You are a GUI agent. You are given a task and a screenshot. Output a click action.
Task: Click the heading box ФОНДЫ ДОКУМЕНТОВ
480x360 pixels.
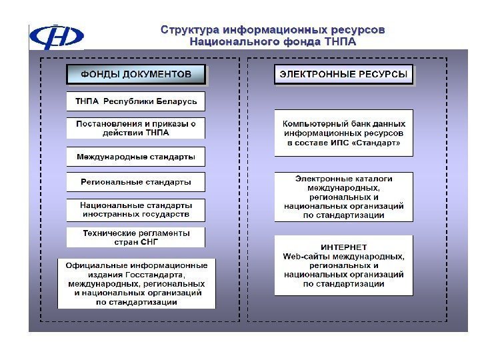coord(136,74)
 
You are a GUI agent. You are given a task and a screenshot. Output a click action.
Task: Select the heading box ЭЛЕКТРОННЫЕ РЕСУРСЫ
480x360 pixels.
coord(343,74)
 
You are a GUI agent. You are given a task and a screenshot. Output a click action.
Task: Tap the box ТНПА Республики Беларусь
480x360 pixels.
coord(136,101)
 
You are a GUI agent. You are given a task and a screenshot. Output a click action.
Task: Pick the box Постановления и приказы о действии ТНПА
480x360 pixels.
coord(136,127)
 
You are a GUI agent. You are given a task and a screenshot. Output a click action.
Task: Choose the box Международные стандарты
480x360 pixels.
coord(136,157)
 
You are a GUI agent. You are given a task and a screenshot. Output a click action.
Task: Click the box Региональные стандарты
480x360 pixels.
coord(136,181)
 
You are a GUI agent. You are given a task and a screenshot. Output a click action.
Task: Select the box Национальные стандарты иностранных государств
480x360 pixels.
coord(136,209)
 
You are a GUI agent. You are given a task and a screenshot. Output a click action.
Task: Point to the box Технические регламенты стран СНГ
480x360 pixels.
coord(136,237)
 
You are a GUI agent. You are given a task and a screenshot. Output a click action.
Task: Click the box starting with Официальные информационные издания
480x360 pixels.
coord(136,283)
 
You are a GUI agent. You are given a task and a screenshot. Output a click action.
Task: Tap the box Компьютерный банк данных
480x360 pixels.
coord(343,133)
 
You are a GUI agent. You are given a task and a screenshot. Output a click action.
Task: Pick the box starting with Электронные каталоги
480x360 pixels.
coord(343,197)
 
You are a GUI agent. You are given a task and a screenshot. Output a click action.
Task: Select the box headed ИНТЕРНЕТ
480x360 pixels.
coord(343,265)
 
